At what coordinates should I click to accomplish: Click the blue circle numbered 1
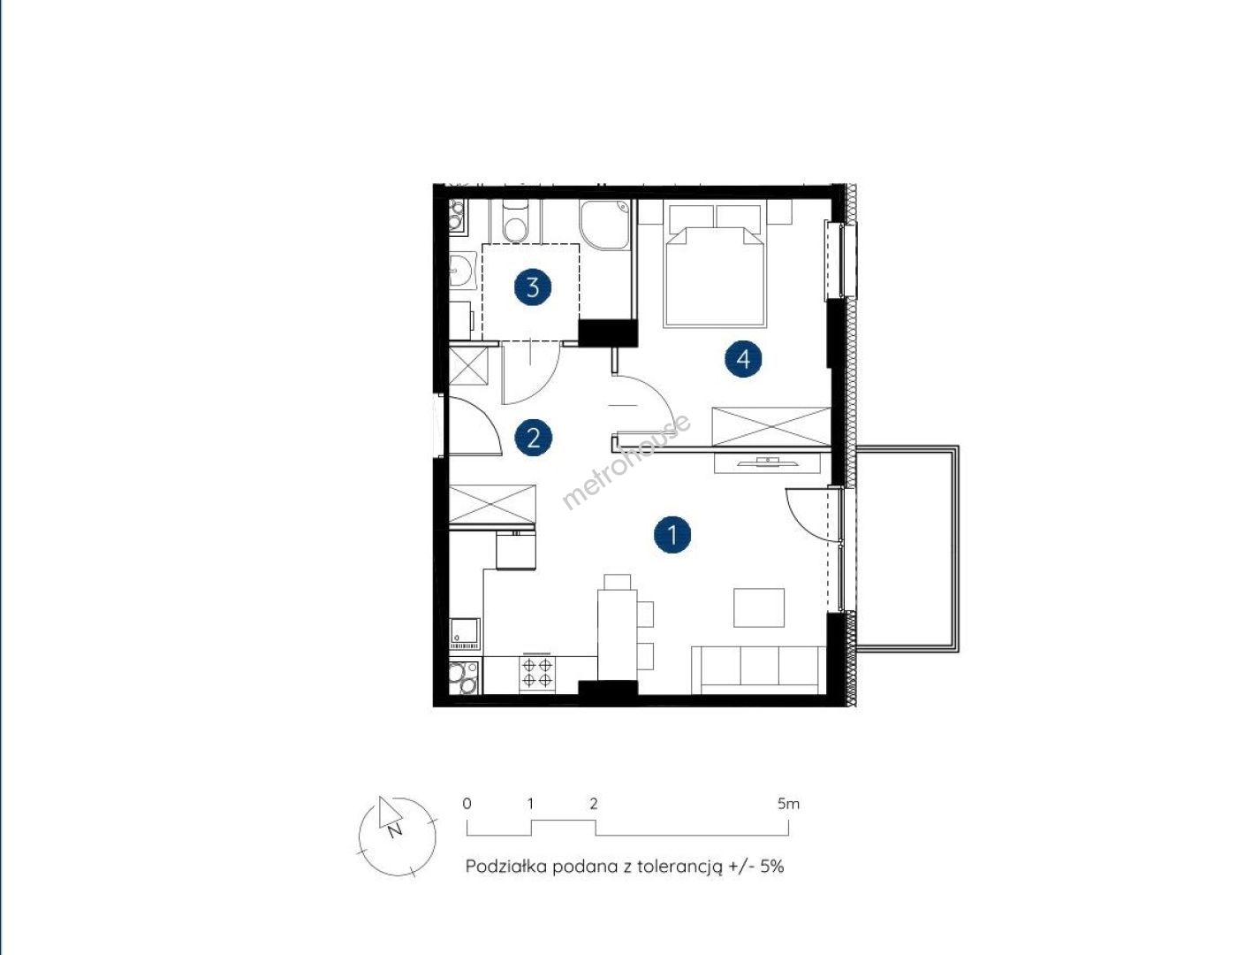[672, 535]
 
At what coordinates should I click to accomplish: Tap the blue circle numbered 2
[534, 438]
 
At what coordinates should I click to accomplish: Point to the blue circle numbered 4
[743, 359]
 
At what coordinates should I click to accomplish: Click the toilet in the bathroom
[514, 221]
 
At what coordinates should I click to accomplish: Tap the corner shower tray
[604, 225]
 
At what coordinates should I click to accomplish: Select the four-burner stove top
[536, 674]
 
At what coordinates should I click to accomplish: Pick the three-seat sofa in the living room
[759, 669]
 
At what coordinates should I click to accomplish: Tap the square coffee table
[759, 607]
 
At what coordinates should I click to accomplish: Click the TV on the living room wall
[766, 461]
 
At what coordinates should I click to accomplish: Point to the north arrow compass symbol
[397, 837]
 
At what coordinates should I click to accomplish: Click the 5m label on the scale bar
[788, 804]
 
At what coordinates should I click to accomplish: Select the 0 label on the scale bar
[467, 804]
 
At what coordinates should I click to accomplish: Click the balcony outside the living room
[907, 548]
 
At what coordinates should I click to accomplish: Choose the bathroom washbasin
[460, 271]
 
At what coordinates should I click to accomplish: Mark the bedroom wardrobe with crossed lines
[770, 425]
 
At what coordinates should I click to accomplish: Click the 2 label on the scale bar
[594, 804]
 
